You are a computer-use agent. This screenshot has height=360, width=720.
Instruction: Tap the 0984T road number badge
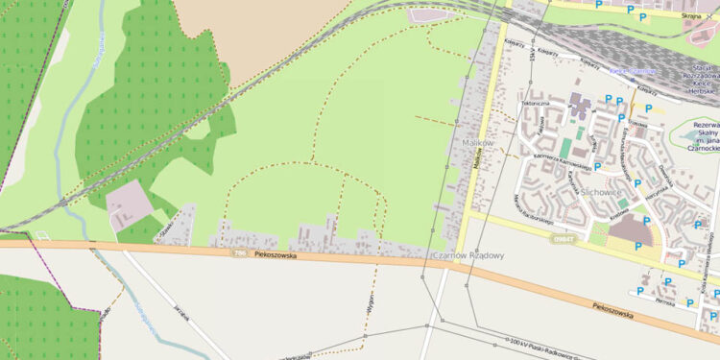tap(564, 239)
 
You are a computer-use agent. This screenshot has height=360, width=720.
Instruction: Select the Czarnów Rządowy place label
tap(468, 256)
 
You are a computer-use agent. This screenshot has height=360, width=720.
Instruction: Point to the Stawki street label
tap(171, 229)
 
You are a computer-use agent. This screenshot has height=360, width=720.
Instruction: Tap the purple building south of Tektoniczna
tap(581, 103)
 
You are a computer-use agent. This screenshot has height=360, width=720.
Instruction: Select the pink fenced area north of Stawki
tap(129, 201)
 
